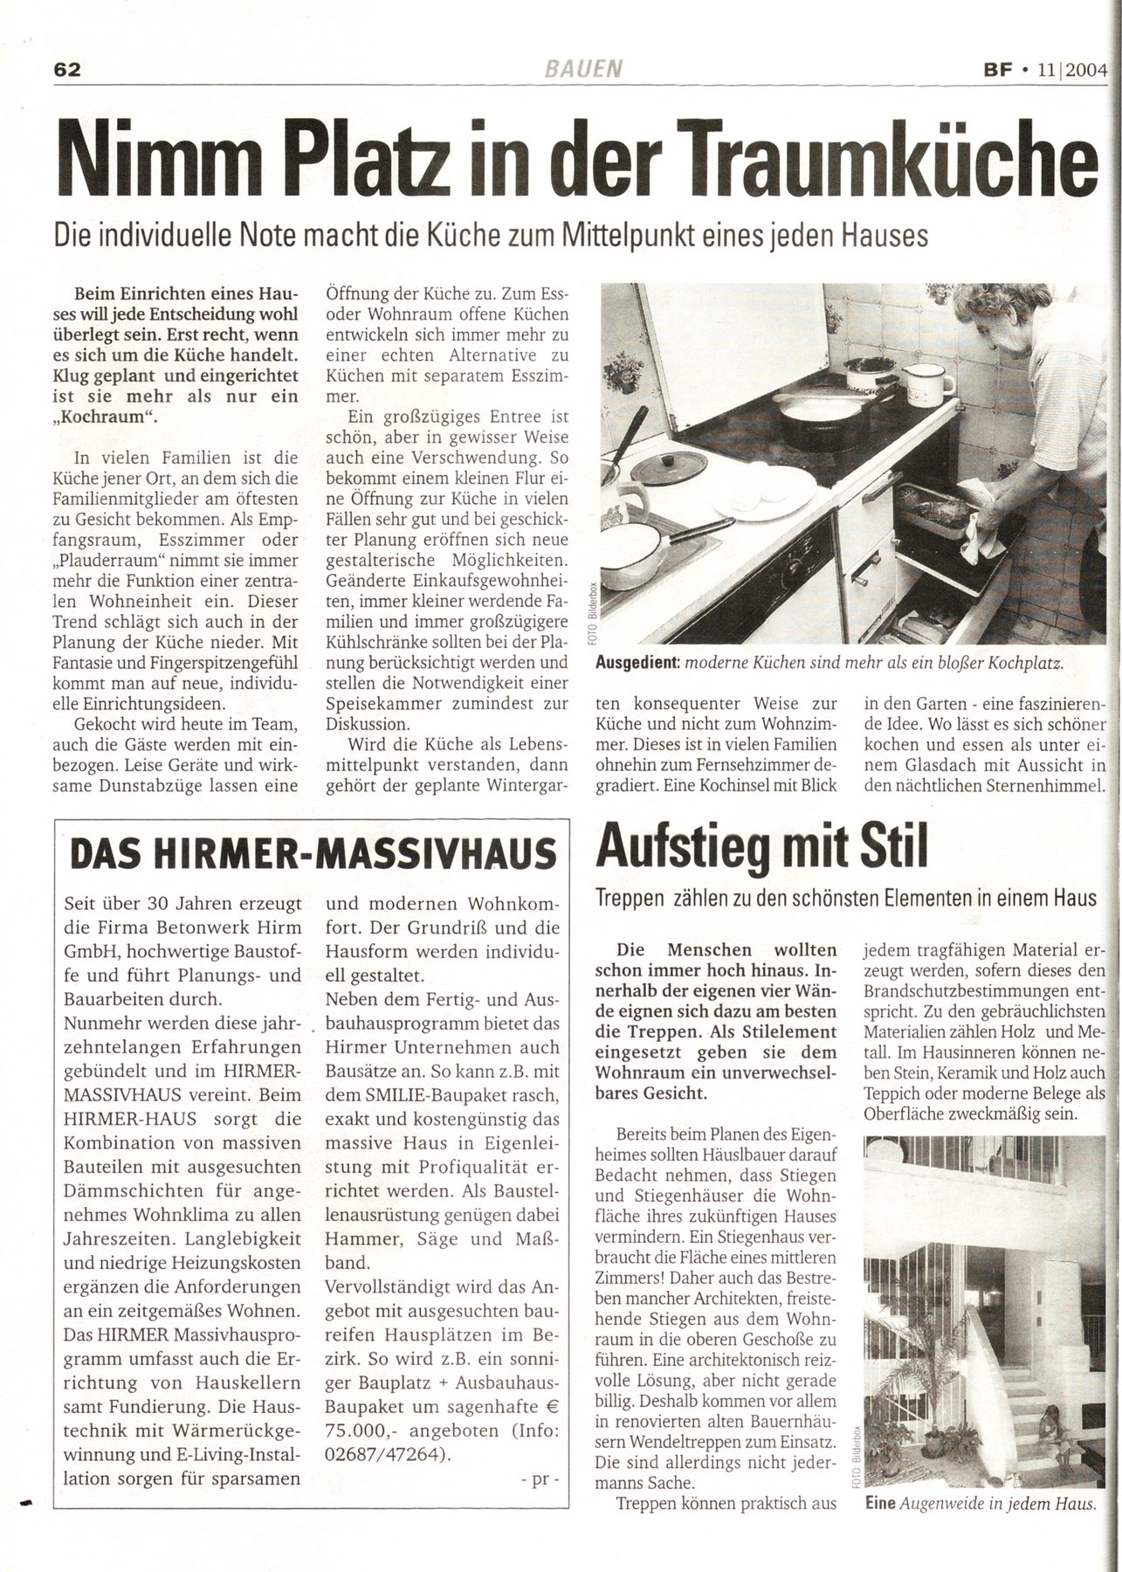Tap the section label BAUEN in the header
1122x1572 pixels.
click(588, 69)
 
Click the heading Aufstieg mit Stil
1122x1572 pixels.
click(760, 848)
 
